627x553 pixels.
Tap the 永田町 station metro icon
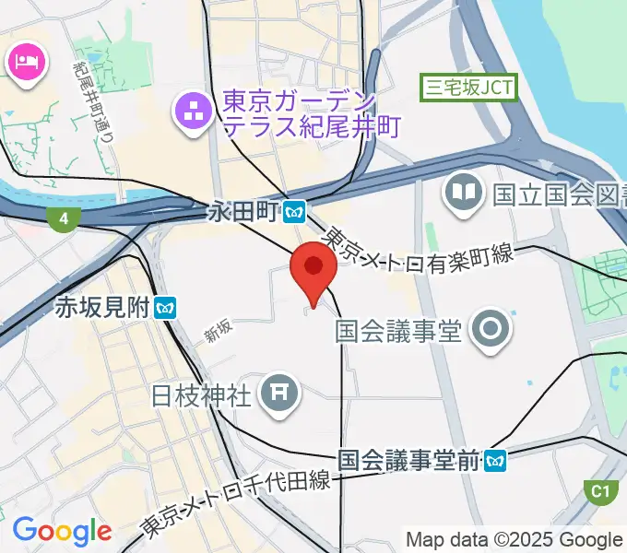tap(295, 211)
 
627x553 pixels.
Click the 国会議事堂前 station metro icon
tap(496, 458)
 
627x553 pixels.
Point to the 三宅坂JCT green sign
tap(468, 88)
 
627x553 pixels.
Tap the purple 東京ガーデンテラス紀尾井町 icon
tap(194, 114)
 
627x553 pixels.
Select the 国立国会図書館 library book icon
tap(463, 194)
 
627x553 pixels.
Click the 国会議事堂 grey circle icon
tap(489, 329)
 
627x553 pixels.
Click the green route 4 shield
tap(62, 218)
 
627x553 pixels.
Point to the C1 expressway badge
tap(601, 490)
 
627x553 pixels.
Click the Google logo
tap(62, 531)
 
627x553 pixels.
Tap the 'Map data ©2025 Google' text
tap(515, 539)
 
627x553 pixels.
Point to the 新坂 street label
tap(219, 332)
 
